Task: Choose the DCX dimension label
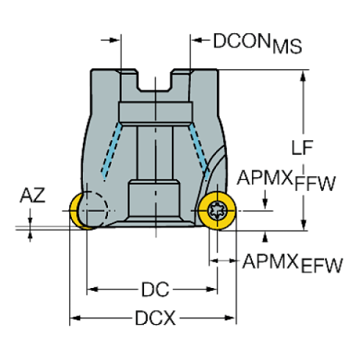(x=154, y=319)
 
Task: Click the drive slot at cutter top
(x=155, y=80)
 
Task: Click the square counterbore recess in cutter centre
(x=155, y=198)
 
